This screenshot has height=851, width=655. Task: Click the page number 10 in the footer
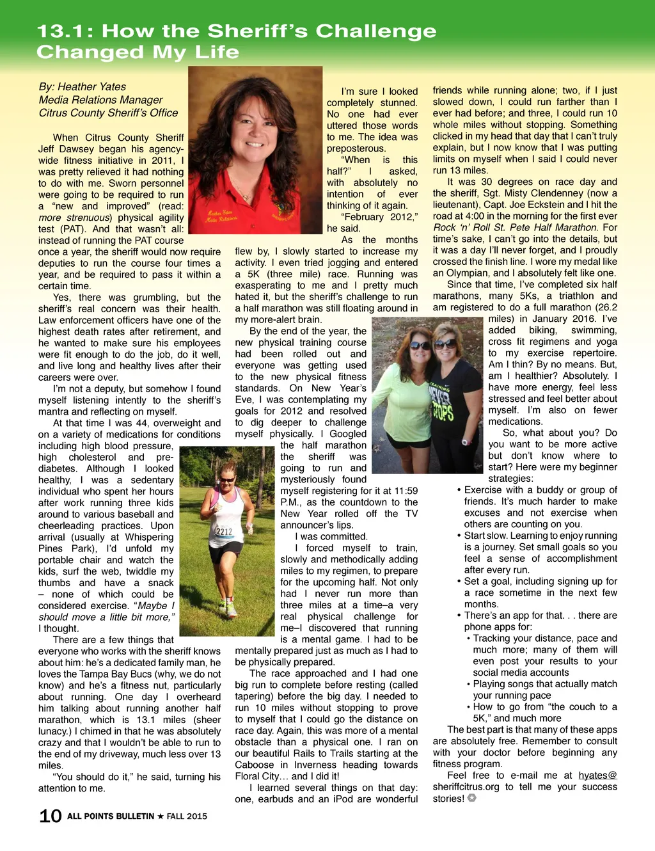click(x=51, y=816)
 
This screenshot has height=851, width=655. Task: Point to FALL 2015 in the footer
click(x=187, y=816)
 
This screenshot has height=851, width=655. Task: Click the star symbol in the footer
click(x=160, y=816)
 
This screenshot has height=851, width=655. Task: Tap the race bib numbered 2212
click(x=225, y=531)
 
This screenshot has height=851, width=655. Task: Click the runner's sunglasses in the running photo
click(x=227, y=479)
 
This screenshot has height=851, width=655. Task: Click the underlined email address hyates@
click(x=597, y=775)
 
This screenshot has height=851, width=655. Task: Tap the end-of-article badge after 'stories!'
click(x=472, y=798)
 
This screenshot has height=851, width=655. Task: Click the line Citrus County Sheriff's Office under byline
click(x=108, y=113)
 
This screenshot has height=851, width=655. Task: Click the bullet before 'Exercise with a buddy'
click(x=459, y=490)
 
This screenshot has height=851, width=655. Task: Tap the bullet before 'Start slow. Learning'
click(x=459, y=536)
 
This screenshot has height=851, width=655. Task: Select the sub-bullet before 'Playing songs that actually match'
click(x=468, y=684)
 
